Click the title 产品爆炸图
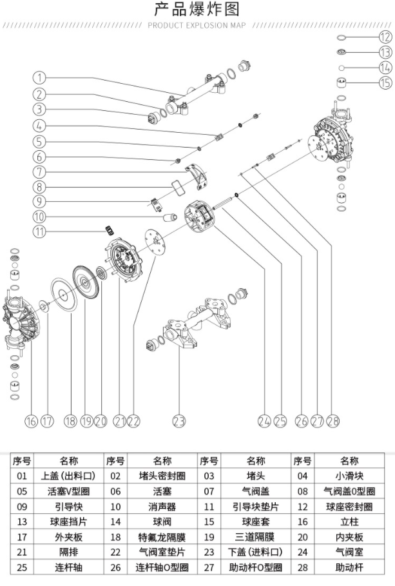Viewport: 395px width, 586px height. [x=197, y=10]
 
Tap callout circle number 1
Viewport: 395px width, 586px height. [x=40, y=78]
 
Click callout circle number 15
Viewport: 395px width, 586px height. [x=385, y=83]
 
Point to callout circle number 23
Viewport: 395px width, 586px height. [x=179, y=421]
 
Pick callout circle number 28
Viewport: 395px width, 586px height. [x=333, y=421]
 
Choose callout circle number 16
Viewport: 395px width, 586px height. [x=30, y=421]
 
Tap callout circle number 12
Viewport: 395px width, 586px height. [x=385, y=36]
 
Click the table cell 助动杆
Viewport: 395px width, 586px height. [x=349, y=567]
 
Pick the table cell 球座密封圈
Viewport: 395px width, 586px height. [x=349, y=507]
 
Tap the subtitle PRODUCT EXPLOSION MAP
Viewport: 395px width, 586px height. [x=197, y=26]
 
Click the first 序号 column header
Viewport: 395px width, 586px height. [x=23, y=461]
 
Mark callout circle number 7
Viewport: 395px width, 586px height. [x=40, y=172]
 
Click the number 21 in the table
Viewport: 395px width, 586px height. [x=23, y=552]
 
